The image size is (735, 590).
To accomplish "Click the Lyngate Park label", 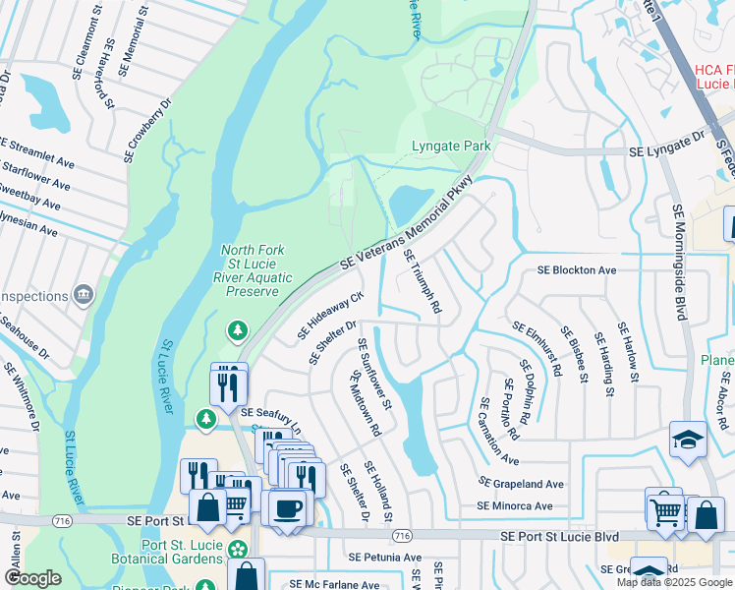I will (x=450, y=147).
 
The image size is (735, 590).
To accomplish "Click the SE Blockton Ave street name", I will (x=576, y=269).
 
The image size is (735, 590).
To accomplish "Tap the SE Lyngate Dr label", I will (x=667, y=151).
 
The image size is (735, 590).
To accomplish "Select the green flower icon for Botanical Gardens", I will (x=237, y=548).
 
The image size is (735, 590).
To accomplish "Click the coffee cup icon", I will (x=287, y=508).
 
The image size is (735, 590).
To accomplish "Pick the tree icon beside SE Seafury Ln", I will (x=205, y=420).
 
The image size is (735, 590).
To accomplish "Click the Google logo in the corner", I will (x=32, y=578).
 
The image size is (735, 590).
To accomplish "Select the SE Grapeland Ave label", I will (x=520, y=484).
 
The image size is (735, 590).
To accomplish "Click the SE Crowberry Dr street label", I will (x=148, y=130).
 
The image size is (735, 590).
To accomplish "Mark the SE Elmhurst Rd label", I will (x=536, y=348).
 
